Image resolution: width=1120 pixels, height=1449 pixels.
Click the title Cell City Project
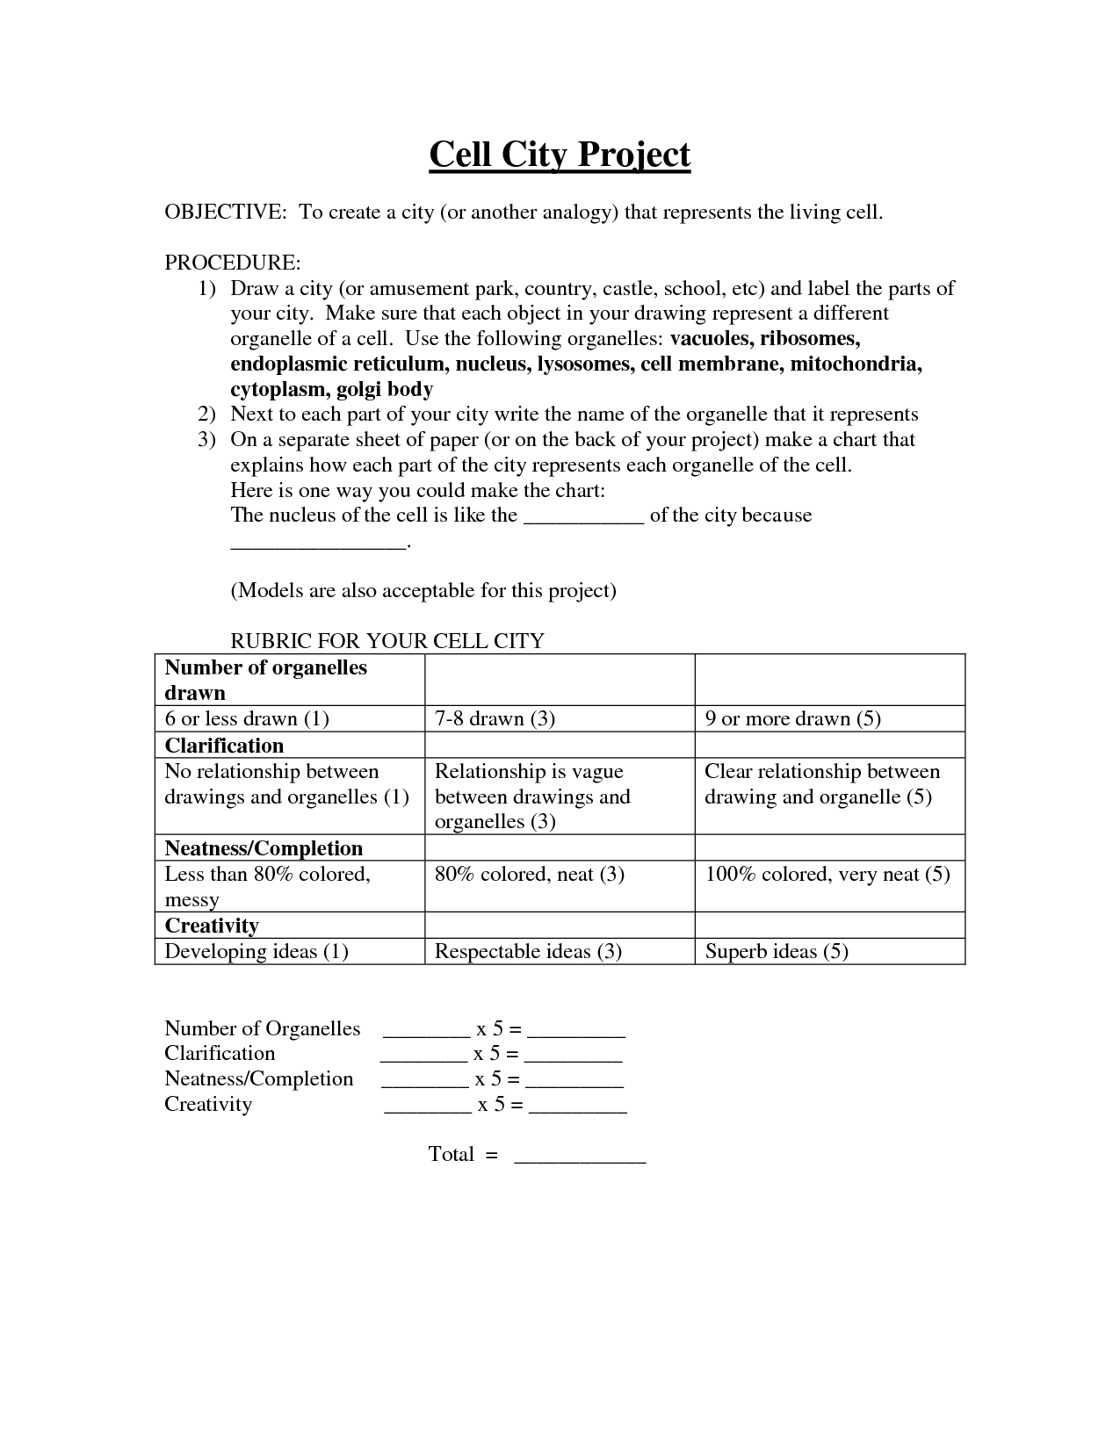pyautogui.click(x=560, y=155)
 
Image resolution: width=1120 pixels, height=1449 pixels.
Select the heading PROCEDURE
pyautogui.click(x=233, y=263)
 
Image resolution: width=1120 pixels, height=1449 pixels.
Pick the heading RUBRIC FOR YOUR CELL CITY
pyautogui.click(x=387, y=641)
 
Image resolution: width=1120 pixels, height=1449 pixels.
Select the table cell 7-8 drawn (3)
pyautogui.click(x=495, y=719)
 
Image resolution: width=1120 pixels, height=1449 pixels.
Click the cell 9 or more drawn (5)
pyautogui.click(x=792, y=719)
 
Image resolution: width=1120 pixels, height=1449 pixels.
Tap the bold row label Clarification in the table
pyautogui.click(x=224, y=746)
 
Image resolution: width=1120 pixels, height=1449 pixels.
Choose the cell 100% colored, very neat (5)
pyautogui.click(x=827, y=875)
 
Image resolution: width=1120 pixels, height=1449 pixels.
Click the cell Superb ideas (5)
pyautogui.click(x=777, y=952)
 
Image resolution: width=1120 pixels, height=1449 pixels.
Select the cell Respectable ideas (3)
pyautogui.click(x=528, y=952)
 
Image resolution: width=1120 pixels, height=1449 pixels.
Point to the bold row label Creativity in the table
pyautogui.click(x=212, y=926)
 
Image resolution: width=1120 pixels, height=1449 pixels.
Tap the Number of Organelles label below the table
pyautogui.click(x=262, y=1029)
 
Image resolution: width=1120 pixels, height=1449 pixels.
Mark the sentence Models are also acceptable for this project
pyautogui.click(x=423, y=591)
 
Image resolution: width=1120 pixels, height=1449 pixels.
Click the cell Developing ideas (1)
pyautogui.click(x=257, y=952)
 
